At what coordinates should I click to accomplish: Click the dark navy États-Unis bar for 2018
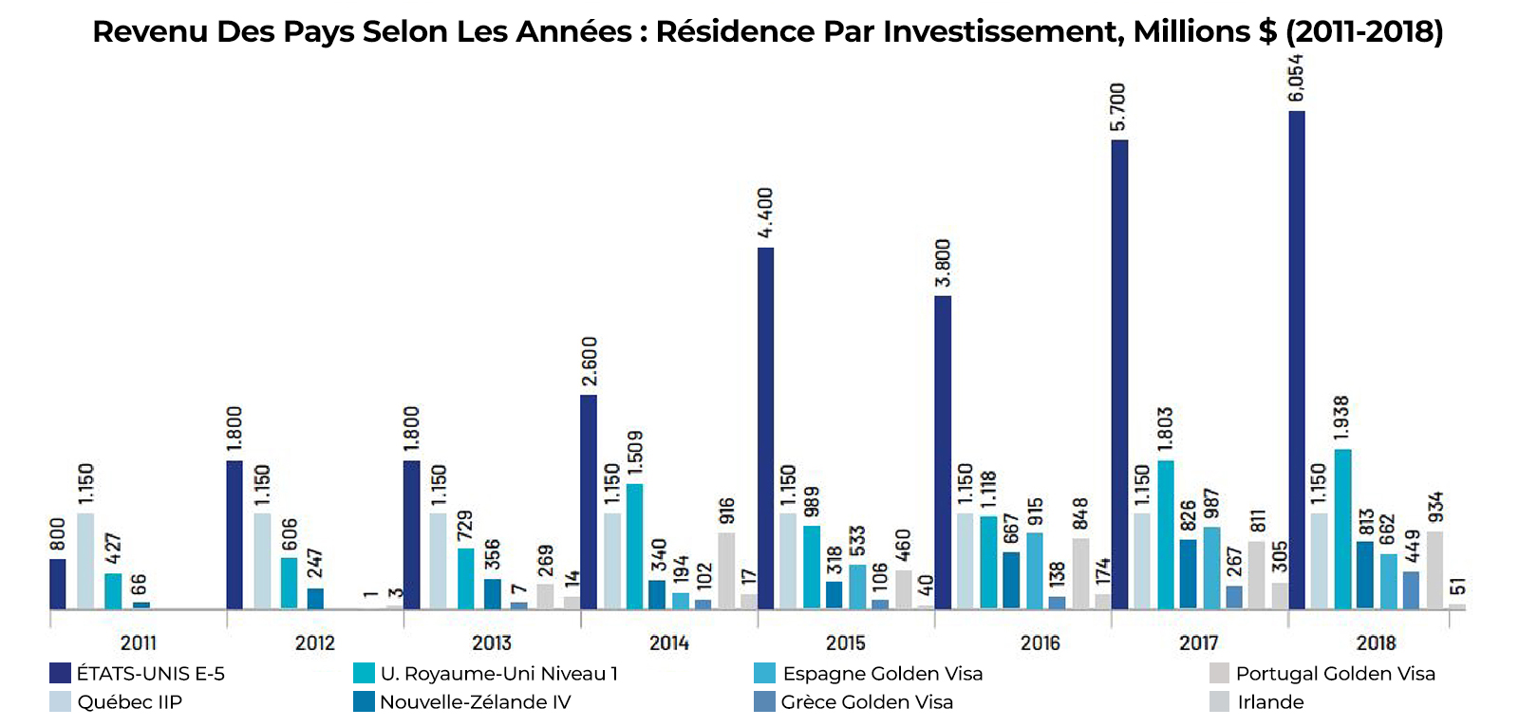coord(1296,361)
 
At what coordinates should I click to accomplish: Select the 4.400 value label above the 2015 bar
coord(765,213)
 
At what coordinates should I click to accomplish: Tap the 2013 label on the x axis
coord(492,643)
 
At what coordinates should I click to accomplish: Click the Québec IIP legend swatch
coord(60,702)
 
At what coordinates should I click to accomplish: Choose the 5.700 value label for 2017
coord(1118,107)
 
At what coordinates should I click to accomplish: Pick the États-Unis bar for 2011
coord(58,584)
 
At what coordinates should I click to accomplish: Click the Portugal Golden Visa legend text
coord(1335,674)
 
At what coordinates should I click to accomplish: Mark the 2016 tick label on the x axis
coord(1040,643)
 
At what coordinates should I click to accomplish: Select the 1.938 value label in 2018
coord(1341,419)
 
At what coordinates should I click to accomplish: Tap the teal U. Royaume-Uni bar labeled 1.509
coord(634,546)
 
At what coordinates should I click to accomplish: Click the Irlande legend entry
coord(1270,702)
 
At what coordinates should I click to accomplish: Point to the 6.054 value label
coord(1296,78)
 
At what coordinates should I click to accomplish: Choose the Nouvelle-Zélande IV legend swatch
coord(364,702)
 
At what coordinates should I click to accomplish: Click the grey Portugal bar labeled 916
coord(726,570)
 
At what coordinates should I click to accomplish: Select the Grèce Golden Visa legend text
coord(867,702)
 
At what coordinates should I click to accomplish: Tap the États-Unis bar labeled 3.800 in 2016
coord(943,452)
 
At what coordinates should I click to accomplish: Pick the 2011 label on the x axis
coord(139,643)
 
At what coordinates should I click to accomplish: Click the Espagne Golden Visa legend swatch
coord(765,674)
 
